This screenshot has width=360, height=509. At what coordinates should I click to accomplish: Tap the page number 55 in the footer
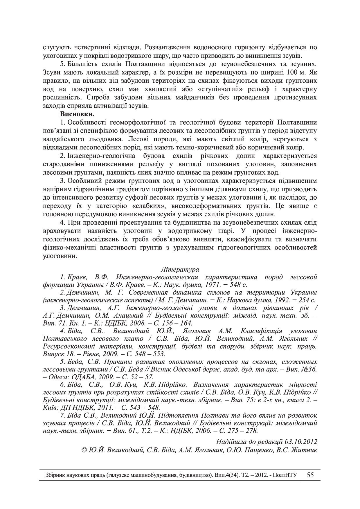tap(310, 475)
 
